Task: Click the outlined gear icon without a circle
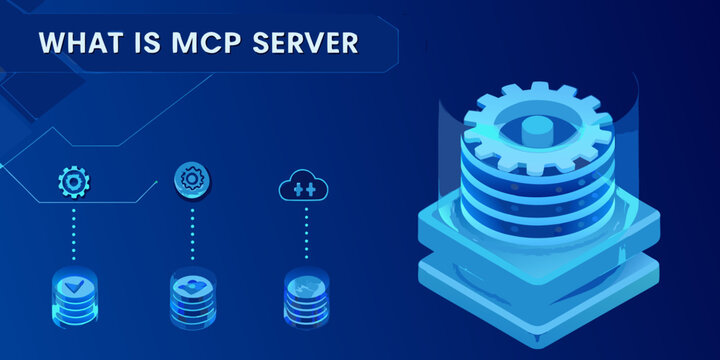(x=73, y=182)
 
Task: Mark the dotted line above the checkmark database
(x=73, y=235)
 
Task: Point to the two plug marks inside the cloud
(x=305, y=188)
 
